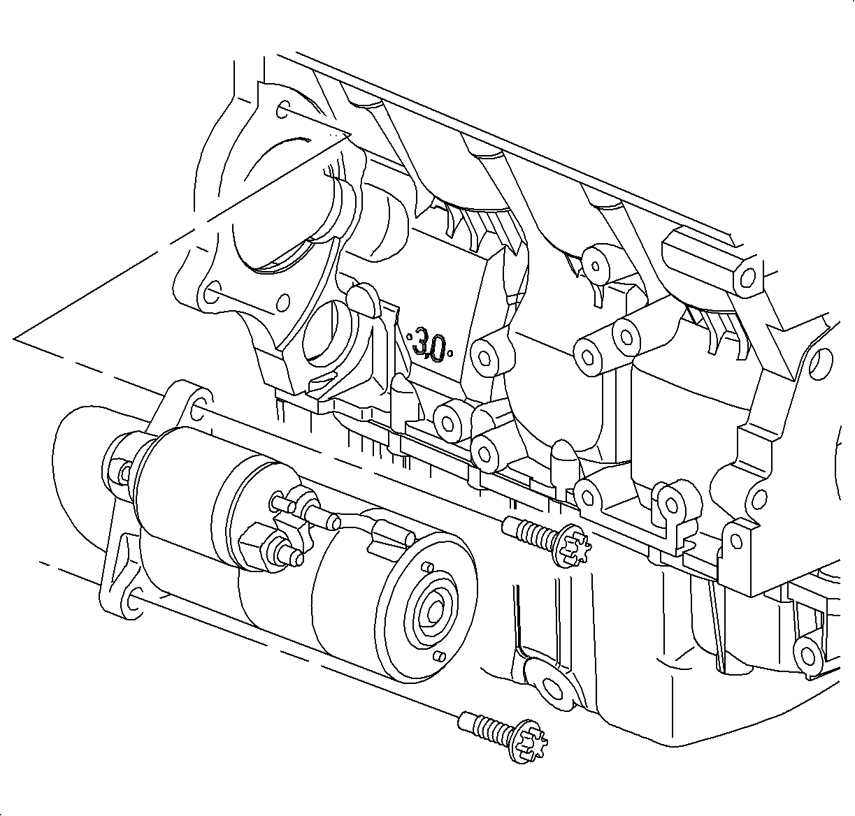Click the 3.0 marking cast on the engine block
(x=431, y=344)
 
